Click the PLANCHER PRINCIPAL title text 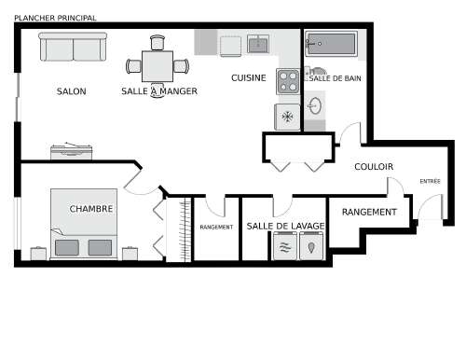(55, 18)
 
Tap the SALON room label (71, 91)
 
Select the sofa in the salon (73, 47)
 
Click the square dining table (158, 66)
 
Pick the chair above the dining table (158, 43)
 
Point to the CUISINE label (249, 77)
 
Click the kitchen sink (258, 44)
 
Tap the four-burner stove (288, 81)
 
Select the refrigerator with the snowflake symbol (287, 117)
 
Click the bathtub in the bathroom (331, 44)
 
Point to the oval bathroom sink (315, 105)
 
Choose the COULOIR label (374, 167)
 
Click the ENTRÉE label (430, 181)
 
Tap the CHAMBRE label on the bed (91, 209)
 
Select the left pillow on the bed (67, 247)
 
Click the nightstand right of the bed (130, 254)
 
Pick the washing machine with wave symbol (285, 246)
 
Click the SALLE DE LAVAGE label (285, 226)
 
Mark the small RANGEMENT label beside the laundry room (216, 228)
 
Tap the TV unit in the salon (72, 151)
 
